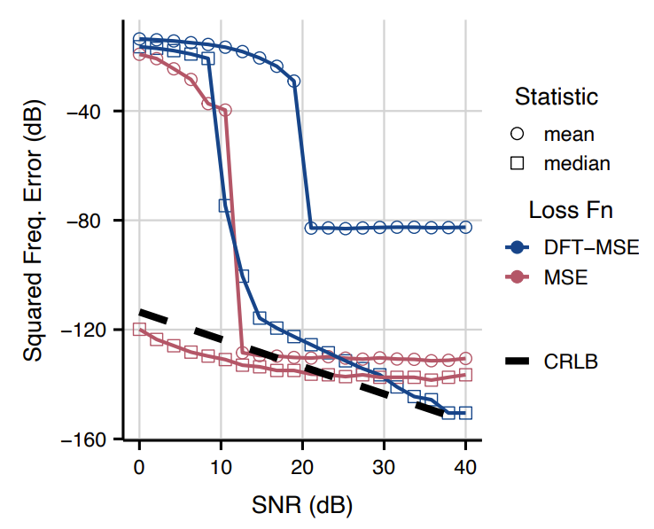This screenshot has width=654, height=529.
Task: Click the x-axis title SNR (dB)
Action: [302, 506]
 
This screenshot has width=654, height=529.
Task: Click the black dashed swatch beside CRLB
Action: [518, 361]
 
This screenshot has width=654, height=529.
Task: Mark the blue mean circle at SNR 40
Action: [466, 228]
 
